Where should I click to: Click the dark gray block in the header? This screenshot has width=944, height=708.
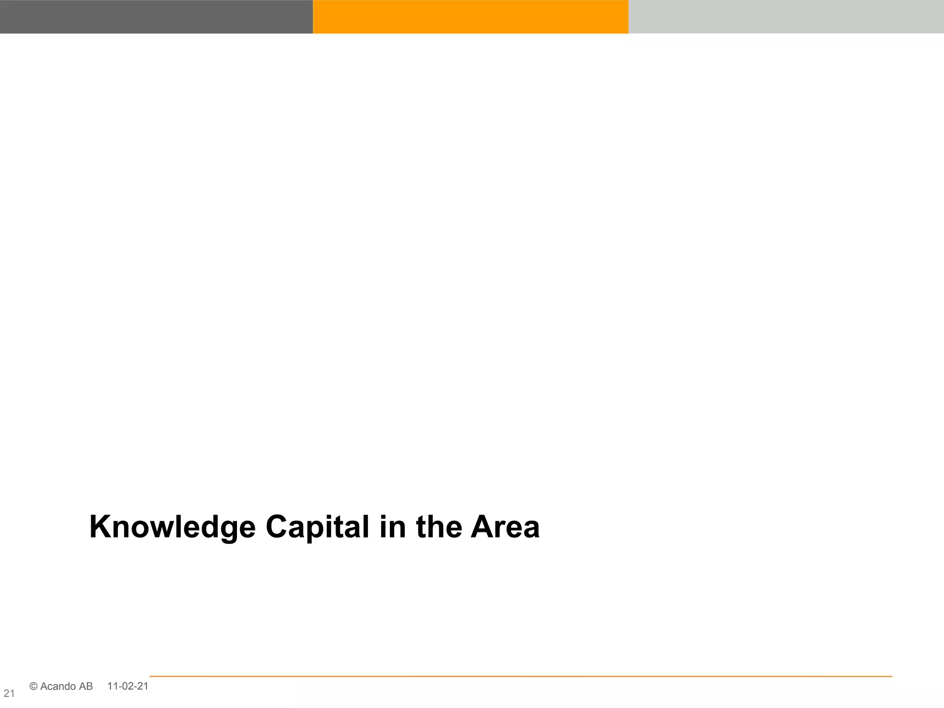coord(156,17)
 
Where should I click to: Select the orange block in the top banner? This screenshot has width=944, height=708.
coord(471,17)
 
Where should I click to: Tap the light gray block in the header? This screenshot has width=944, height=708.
coord(786,17)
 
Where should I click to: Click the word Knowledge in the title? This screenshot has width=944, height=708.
coord(172,527)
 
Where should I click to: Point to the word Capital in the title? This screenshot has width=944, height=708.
coord(318,527)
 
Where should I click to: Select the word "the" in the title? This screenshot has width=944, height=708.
coord(439,527)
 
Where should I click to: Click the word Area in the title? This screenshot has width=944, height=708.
coord(505,527)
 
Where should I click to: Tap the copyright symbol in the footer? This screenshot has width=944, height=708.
coord(33,686)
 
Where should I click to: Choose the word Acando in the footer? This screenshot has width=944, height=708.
coord(58,686)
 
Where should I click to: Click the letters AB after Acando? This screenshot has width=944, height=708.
coord(86,686)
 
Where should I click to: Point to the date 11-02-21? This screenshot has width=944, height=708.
coord(128,686)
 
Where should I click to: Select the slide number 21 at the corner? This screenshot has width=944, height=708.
coord(9,693)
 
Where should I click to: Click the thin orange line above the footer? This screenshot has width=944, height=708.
coord(521,676)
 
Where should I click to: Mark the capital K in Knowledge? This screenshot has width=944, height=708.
coord(100,527)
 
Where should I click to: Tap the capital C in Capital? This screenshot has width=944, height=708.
coord(278,527)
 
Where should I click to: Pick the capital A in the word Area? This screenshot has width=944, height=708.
coord(482,527)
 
